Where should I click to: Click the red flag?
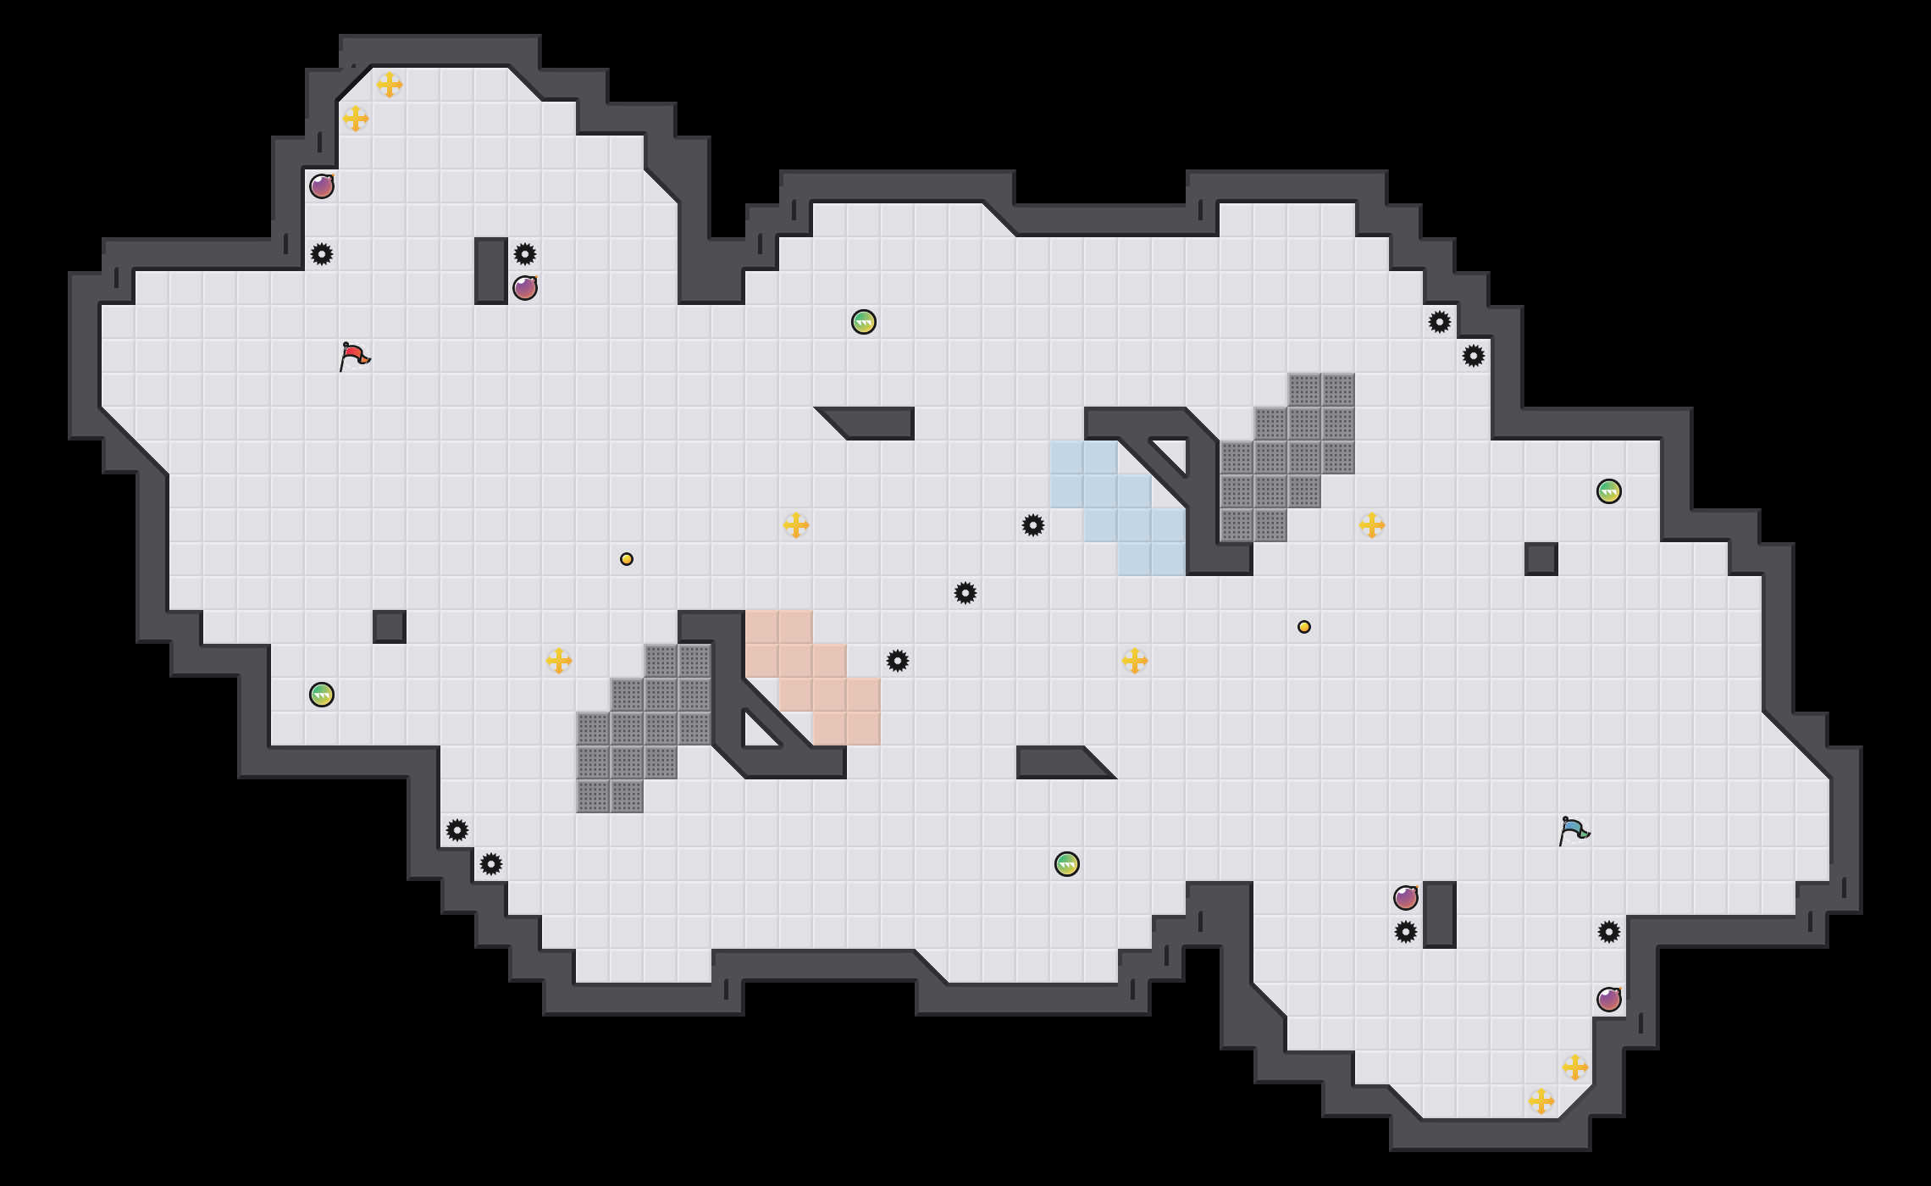(354, 356)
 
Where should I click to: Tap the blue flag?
(1574, 830)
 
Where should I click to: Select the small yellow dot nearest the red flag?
(627, 559)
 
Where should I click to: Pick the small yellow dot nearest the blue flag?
(1304, 627)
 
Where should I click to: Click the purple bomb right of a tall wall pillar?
(525, 288)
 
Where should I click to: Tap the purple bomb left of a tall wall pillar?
(1406, 898)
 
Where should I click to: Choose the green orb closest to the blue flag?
(1609, 491)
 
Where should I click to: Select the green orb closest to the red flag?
(322, 695)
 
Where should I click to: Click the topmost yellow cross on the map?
(390, 85)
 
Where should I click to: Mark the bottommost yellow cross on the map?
(1541, 1101)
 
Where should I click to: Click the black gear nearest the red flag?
(322, 254)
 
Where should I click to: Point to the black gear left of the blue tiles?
(1033, 525)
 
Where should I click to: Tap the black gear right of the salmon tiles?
(898, 661)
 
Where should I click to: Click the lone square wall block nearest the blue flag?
(1541, 559)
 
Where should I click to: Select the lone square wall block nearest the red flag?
(390, 627)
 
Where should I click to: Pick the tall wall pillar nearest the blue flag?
(1440, 915)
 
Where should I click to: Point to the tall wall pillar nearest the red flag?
(491, 271)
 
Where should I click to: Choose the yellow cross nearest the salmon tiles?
(796, 525)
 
